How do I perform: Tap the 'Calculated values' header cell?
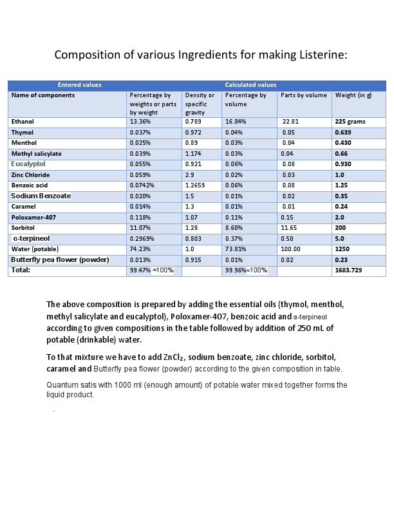coord(250,85)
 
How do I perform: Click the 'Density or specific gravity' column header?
coord(200,104)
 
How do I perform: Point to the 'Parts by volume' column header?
coord(304,95)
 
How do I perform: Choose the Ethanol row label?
coord(23,121)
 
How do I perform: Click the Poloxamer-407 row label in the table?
coord(33,218)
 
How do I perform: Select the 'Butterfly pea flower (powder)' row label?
coord(60,260)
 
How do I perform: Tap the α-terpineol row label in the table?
coord(32,238)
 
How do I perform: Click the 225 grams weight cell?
coord(350,121)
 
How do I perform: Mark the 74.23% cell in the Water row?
coord(140,249)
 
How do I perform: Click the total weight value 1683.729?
coord(348,270)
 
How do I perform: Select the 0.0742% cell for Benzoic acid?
coord(142,185)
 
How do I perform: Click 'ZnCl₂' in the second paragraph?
coord(173,357)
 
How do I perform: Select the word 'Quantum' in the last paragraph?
coord(62,385)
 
